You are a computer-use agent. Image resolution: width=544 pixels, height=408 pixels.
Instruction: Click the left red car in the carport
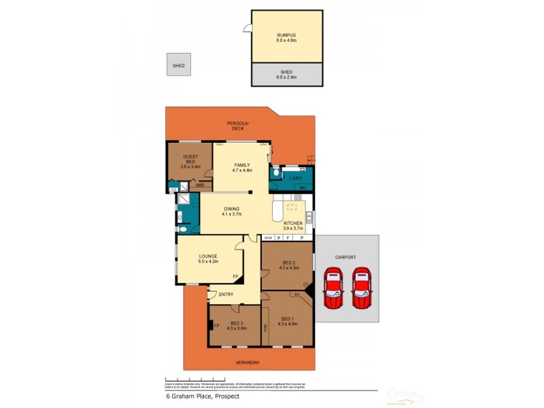click(333, 288)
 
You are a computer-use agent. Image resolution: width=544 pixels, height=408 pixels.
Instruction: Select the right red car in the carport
click(362, 288)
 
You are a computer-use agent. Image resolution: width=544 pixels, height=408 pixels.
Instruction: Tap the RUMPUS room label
click(286, 35)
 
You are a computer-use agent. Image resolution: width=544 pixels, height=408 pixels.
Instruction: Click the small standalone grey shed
click(179, 65)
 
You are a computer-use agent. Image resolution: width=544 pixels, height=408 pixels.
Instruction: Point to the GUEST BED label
click(190, 158)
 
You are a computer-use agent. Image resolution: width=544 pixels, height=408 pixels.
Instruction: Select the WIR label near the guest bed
click(200, 184)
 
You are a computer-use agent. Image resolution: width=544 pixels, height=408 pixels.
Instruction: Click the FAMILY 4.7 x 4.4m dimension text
click(242, 171)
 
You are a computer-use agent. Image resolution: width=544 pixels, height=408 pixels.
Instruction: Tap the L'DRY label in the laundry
click(295, 178)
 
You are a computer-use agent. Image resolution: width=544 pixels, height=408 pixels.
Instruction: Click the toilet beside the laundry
click(274, 173)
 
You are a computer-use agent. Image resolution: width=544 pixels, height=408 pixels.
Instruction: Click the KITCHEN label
click(292, 223)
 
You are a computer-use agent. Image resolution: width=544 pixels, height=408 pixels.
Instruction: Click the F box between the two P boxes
click(289, 237)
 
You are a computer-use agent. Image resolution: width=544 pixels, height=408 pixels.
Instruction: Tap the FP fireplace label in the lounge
click(235, 277)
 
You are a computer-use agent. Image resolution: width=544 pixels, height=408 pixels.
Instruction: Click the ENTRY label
click(226, 294)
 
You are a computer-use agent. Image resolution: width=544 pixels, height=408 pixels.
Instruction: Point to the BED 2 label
click(288, 262)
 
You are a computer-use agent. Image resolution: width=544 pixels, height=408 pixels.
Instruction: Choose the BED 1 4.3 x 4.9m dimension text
click(288, 324)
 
